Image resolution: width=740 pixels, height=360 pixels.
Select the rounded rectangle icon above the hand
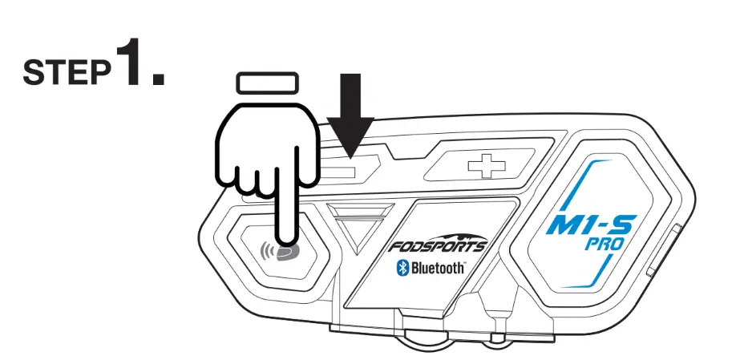click(267, 83)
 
